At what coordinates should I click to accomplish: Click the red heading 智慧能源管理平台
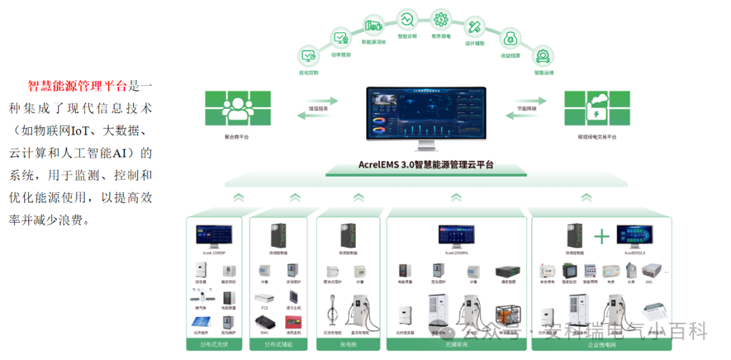coord(77,86)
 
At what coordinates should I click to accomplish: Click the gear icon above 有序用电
coord(441,18)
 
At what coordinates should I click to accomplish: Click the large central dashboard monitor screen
coord(426,114)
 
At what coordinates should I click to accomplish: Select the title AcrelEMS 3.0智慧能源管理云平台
coord(426,164)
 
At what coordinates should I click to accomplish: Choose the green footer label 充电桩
coord(349,344)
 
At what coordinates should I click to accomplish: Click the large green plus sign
coord(601,237)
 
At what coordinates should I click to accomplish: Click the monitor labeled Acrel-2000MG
coord(456,234)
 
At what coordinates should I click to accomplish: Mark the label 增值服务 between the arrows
coord(319,108)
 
